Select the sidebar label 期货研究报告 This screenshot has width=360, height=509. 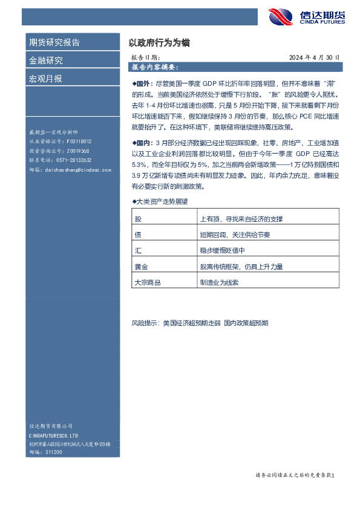tap(54, 42)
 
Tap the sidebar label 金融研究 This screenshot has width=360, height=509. tap(46, 60)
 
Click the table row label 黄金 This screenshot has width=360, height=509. tap(141, 266)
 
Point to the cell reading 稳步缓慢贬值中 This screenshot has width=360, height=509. tap(221, 250)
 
